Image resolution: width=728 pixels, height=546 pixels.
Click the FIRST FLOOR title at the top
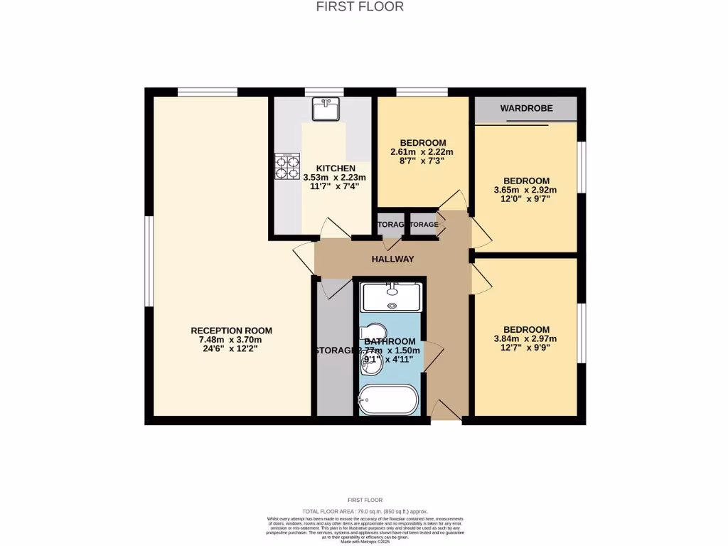[360, 6]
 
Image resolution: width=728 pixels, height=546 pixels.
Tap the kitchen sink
[326, 109]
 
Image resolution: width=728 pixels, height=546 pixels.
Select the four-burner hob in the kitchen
[287, 167]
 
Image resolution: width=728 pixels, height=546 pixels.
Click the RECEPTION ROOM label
[231, 331]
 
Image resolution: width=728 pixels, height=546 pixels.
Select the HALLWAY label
[392, 259]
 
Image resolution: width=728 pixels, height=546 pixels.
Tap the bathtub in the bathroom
[388, 400]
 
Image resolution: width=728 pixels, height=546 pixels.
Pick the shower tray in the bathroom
[391, 296]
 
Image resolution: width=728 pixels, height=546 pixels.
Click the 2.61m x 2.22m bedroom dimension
[422, 152]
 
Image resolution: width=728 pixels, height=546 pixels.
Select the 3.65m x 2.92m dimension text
[526, 190]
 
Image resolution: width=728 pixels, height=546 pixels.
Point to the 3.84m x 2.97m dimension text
[526, 339]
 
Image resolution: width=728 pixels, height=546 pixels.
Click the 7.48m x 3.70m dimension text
[231, 340]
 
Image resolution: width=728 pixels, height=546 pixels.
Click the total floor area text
[365, 511]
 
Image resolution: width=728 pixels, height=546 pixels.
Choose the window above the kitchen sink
[324, 92]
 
